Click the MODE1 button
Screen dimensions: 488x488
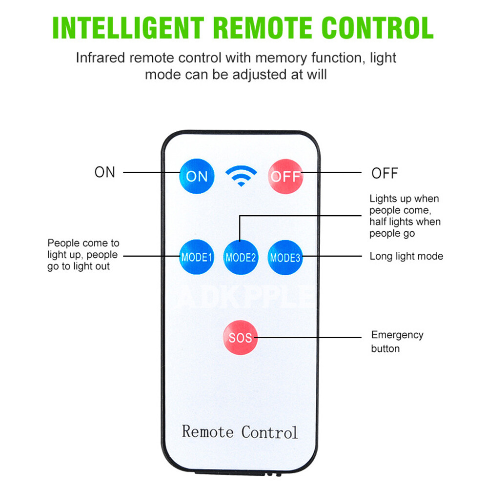point(197,257)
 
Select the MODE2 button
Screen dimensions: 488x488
point(241,257)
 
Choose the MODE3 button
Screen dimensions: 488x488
point(285,257)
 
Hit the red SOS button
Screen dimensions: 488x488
point(240,337)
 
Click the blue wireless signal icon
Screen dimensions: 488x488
point(241,176)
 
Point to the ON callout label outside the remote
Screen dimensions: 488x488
point(104,172)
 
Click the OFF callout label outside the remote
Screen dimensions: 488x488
point(385,173)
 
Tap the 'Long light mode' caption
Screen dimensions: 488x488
point(406,256)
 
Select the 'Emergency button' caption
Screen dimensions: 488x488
point(397,342)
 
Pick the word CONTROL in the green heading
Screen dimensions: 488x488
point(376,28)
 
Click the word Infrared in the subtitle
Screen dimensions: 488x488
point(101,58)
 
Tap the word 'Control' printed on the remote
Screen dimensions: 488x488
point(269,432)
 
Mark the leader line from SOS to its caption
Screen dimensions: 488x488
point(307,337)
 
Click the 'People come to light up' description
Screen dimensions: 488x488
point(83,254)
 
